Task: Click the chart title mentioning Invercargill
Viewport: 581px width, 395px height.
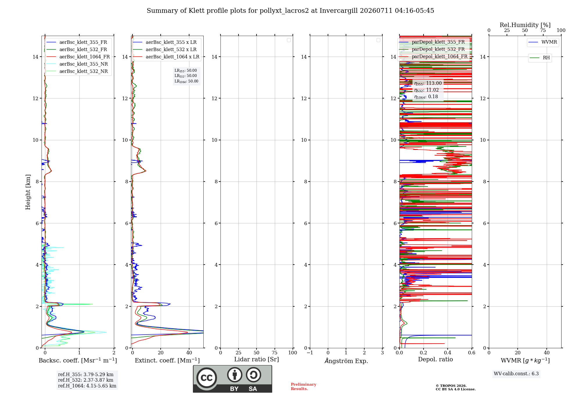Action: coord(290,11)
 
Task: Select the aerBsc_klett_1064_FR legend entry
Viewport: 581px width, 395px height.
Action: coord(78,57)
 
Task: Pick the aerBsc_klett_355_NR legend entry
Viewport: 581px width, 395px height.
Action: coord(77,64)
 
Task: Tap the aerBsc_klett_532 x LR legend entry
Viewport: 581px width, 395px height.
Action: coord(165,50)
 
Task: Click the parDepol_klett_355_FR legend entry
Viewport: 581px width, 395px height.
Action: coord(432,42)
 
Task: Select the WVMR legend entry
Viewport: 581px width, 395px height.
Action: coord(543,42)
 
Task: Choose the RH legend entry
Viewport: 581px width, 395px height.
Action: coord(540,58)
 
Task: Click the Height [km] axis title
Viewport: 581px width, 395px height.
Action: coord(28,192)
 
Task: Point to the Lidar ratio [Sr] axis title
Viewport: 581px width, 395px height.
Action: coord(257,360)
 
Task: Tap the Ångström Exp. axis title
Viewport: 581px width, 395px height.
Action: coord(346,361)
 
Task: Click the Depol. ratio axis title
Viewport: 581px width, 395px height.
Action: coord(435,360)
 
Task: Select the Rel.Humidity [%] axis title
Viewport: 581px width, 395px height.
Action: coord(525,25)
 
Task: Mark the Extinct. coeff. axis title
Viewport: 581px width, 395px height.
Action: coord(167,360)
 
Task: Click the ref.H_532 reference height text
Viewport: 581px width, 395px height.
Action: coord(86,380)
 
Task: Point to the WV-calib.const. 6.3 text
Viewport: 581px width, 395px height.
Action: coord(516,374)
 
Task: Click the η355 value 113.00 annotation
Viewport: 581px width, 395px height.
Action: coord(428,83)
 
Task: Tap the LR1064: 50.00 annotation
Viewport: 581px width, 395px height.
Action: coord(187,81)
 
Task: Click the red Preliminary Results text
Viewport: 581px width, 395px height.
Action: coord(304,387)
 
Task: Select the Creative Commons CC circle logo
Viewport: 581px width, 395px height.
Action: coord(207,378)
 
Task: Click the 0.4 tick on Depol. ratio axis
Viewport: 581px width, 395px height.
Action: coord(448,353)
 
